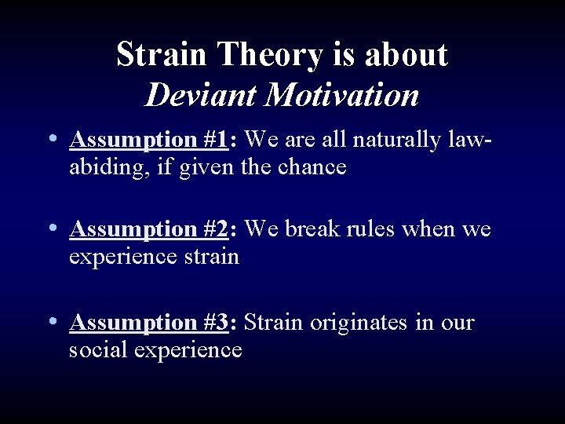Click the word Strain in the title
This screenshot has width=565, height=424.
162,55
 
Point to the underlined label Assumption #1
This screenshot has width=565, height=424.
148,141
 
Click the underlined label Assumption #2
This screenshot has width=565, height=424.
148,229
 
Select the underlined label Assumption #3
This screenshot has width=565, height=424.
148,323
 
